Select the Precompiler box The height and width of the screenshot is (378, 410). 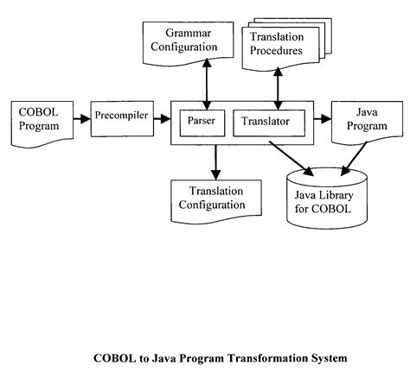121,114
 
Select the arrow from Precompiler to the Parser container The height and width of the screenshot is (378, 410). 162,117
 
